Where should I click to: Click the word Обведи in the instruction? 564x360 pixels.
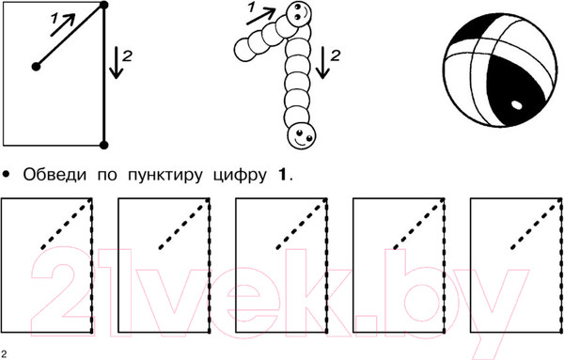tap(55, 175)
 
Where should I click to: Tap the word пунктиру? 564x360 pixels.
tap(164, 176)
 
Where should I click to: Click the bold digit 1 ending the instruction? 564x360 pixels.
tap(283, 175)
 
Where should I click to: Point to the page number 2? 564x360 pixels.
tap(4, 353)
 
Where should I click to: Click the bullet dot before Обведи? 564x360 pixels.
tap(7, 175)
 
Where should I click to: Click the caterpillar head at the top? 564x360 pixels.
tap(299, 14)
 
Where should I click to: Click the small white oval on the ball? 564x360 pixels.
tap(516, 104)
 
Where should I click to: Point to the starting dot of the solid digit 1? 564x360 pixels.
tap(36, 67)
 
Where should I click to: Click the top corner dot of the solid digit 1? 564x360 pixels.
tap(103, 5)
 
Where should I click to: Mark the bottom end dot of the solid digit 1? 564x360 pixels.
tap(103, 145)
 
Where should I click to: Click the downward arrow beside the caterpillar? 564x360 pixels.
tap(322, 63)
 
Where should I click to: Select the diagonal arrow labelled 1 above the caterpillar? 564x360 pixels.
tap(261, 16)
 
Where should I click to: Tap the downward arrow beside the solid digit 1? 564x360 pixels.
tap(116, 63)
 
